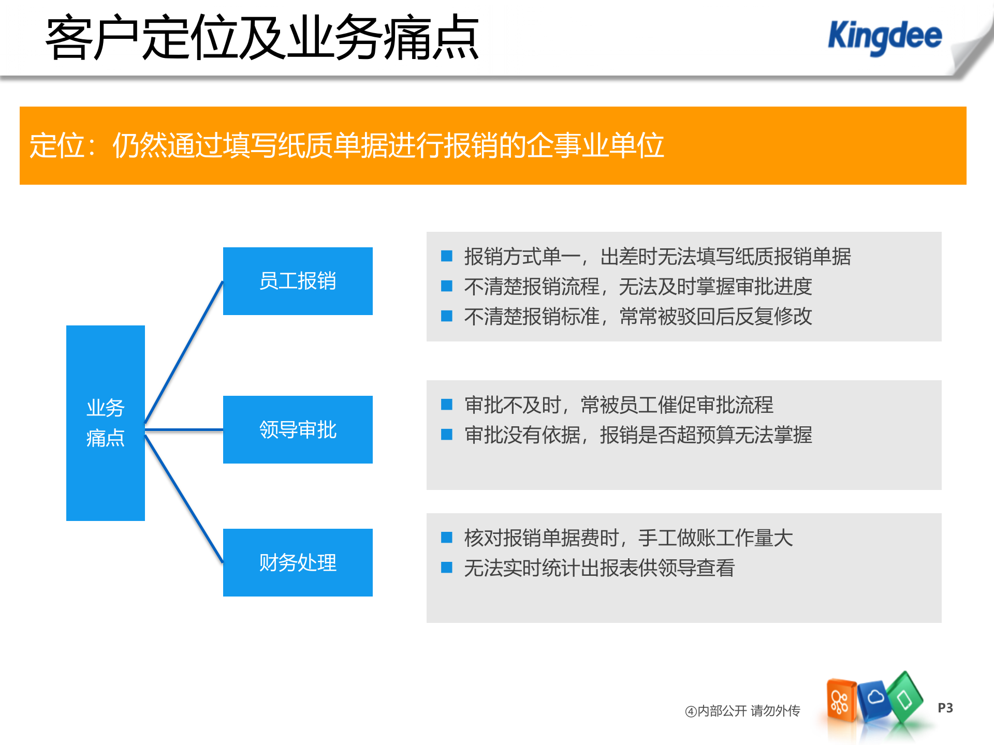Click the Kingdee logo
point(884,36)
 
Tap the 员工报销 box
point(298,281)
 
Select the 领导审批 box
point(298,429)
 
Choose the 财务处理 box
point(298,562)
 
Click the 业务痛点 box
point(105,423)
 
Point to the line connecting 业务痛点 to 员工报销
point(184,352)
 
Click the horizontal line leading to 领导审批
point(184,429)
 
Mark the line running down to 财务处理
point(184,499)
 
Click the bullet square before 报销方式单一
point(447,256)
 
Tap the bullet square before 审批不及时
point(447,405)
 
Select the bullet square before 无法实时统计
point(447,568)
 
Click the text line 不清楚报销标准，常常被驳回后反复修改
point(638,316)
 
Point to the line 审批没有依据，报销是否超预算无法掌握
point(638,435)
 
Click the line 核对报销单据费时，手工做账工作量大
point(628,538)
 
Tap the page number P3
point(945,708)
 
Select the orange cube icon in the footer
point(841,701)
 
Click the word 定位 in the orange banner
point(57,145)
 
